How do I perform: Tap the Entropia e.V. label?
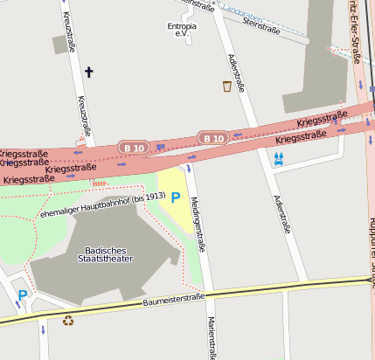pos(182,30)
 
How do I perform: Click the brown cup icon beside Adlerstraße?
pos(227,86)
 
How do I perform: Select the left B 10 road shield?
pos(134,148)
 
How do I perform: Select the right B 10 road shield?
pos(212,137)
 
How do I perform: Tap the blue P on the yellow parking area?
pos(176,198)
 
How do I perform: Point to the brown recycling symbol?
pos(68,320)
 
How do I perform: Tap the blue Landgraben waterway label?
pos(242,11)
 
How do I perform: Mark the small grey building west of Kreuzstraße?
pos(59,45)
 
